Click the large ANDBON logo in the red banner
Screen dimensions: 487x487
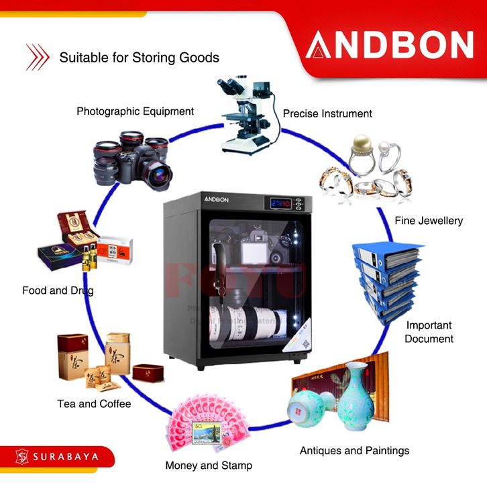click(x=389, y=45)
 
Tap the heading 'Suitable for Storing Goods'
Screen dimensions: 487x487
click(x=139, y=58)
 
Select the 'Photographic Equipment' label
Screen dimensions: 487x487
click(x=135, y=111)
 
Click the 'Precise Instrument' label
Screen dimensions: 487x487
click(x=327, y=113)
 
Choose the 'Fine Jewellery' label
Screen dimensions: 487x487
click(x=429, y=220)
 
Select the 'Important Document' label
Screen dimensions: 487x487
click(x=429, y=331)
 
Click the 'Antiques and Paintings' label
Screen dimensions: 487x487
click(x=354, y=450)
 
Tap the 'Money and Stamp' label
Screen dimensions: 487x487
click(x=209, y=465)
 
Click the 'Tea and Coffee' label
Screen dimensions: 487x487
click(x=94, y=404)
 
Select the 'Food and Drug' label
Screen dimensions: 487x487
click(x=58, y=290)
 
